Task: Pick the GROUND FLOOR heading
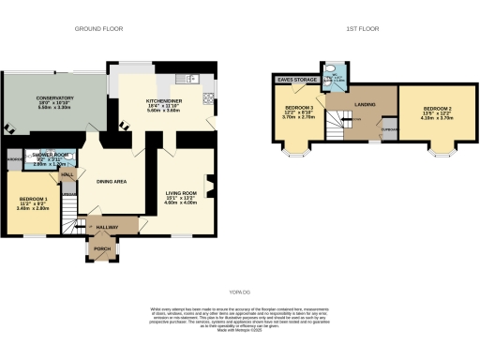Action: (100, 29)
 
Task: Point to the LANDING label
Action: (364, 105)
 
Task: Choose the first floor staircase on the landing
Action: (334, 130)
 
